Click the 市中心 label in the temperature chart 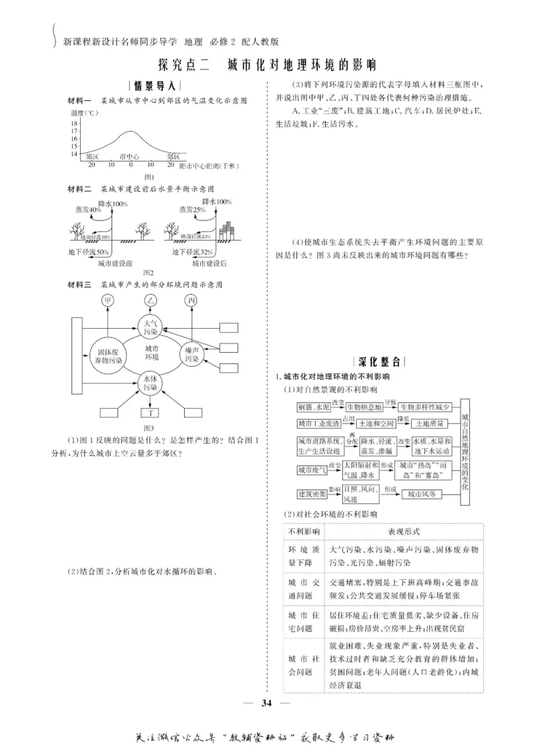pos(131,156)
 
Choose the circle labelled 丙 pos(192,301)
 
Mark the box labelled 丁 pos(150,414)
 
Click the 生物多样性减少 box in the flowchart pos(427,407)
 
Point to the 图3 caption pos(150,428)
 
